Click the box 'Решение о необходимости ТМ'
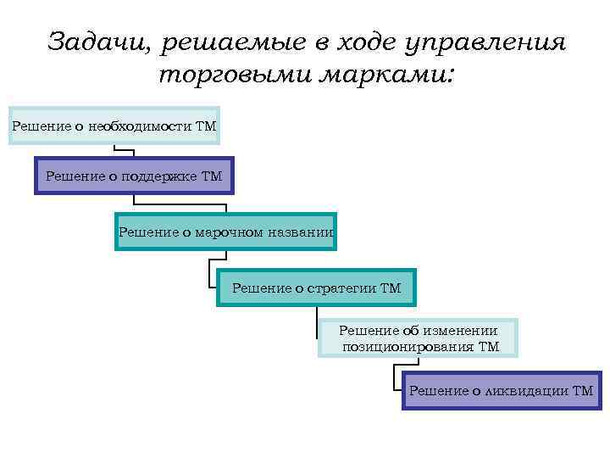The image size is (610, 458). (x=114, y=126)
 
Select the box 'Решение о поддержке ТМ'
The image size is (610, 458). (x=134, y=176)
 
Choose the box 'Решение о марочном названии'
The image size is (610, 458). (x=225, y=232)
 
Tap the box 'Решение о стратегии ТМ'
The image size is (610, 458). (x=317, y=288)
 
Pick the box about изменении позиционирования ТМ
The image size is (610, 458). (x=419, y=338)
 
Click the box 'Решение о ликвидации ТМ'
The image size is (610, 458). (x=502, y=390)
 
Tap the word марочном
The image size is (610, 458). (x=230, y=232)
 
